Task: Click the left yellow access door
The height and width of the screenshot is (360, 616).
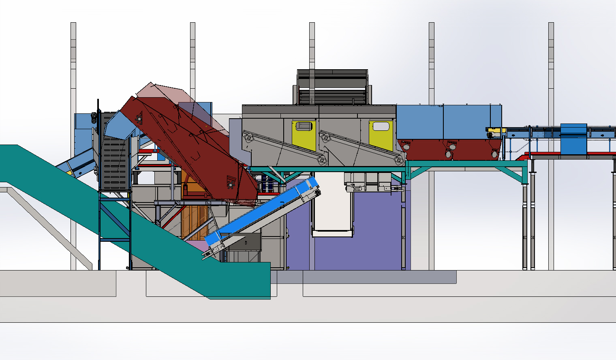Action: click(304, 136)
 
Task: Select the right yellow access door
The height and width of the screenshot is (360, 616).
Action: click(381, 136)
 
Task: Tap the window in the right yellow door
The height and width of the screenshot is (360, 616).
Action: click(381, 126)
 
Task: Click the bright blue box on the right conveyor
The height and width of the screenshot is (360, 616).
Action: click(573, 139)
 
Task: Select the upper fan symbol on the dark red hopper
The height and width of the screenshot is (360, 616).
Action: click(139, 117)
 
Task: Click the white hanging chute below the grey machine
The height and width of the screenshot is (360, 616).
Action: click(332, 207)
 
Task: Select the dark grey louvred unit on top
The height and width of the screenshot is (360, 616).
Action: click(332, 87)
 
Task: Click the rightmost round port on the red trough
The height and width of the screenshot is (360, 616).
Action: click(495, 153)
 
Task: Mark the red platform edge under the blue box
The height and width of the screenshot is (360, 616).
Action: click(567, 154)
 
